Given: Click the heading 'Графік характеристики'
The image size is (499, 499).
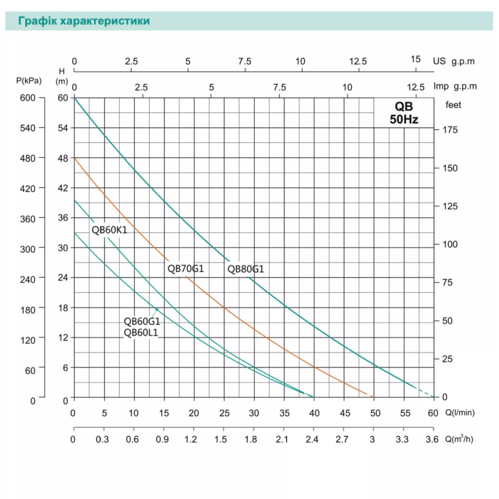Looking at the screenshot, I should [84, 21].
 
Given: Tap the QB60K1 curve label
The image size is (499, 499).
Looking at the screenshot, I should [109, 230].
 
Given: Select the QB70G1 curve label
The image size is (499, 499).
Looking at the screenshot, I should [186, 269].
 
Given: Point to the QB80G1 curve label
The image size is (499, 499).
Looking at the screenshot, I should [246, 269].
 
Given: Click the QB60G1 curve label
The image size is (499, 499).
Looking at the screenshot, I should [142, 322].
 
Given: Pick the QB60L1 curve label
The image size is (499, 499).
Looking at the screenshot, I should [141, 332].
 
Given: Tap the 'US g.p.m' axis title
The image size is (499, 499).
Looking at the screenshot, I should [454, 61].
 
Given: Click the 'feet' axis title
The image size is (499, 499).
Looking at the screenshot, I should [453, 105].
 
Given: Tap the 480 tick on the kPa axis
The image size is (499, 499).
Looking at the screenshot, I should [30, 158].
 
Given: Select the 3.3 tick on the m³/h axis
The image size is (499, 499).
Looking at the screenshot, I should [403, 439].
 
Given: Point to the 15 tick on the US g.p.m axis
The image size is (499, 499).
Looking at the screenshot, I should [416, 59].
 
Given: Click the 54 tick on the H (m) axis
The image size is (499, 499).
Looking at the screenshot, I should [62, 128].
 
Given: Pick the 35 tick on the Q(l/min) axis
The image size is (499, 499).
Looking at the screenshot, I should [284, 413].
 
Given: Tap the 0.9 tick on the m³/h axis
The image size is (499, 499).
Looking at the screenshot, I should [164, 439].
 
